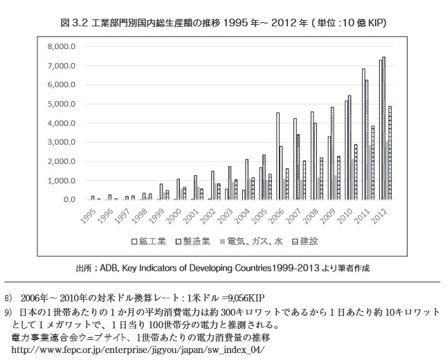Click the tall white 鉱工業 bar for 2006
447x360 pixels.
[278, 156]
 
